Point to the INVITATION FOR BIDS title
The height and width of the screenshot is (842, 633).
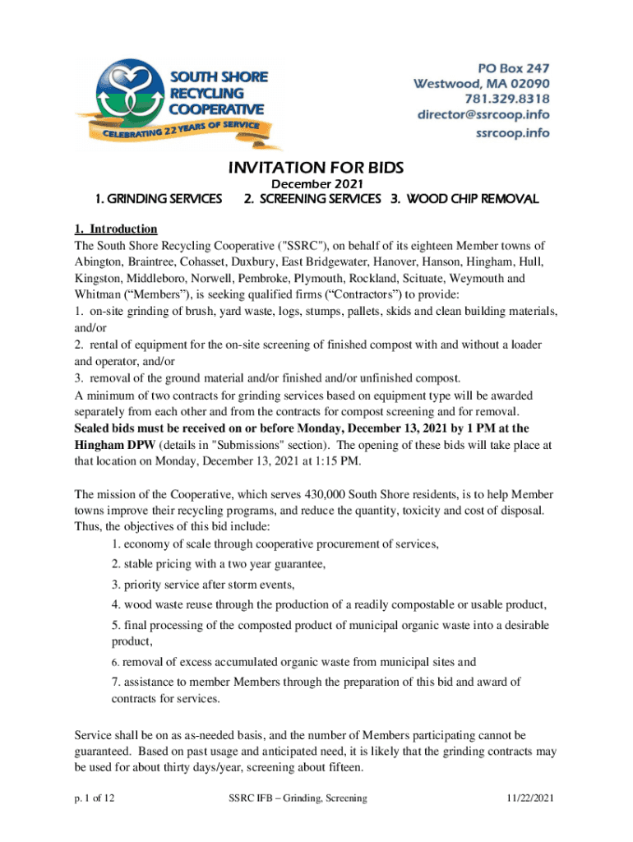click(316, 168)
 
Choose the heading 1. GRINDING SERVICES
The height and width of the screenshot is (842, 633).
click(158, 199)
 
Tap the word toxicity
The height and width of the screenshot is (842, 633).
click(462, 511)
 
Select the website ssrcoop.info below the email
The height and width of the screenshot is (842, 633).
click(514, 132)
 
